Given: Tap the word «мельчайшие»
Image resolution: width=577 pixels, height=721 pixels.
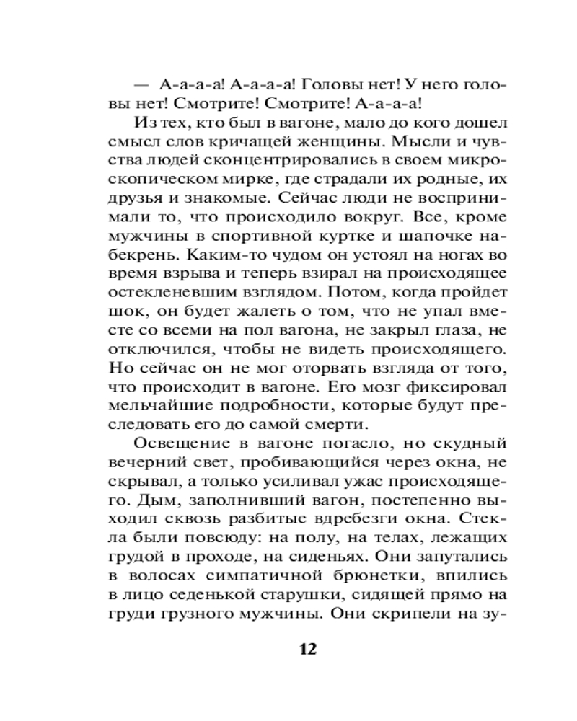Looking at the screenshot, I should [x=155, y=404].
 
